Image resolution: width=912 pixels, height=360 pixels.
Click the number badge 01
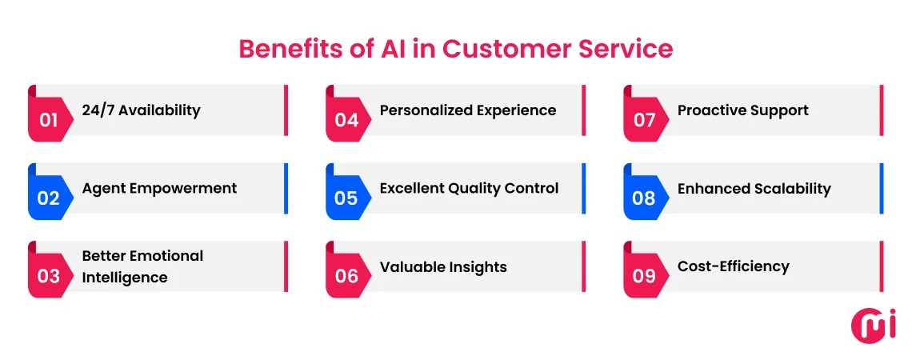tap(49, 120)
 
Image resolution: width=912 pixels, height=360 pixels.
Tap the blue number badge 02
tap(49, 198)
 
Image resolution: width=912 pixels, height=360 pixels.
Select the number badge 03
tap(49, 276)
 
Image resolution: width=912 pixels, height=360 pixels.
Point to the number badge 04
tap(346, 120)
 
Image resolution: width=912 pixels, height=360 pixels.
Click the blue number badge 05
tap(346, 198)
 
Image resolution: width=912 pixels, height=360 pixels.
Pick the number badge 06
tap(346, 276)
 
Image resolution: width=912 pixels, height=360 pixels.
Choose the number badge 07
tap(644, 120)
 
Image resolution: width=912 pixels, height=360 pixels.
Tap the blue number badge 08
tap(644, 198)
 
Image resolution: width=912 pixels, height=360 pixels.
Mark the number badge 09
tap(644, 276)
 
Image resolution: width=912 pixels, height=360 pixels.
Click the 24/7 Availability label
tap(141, 110)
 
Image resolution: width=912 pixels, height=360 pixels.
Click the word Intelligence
tap(125, 278)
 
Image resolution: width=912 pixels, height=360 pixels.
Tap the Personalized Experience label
tap(467, 110)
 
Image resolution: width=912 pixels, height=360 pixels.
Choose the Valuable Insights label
tap(443, 267)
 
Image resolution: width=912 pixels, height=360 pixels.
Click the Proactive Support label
tap(742, 110)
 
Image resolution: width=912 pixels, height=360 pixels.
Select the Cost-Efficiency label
tap(733, 266)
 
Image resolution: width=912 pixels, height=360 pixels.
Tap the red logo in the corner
tap(873, 325)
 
